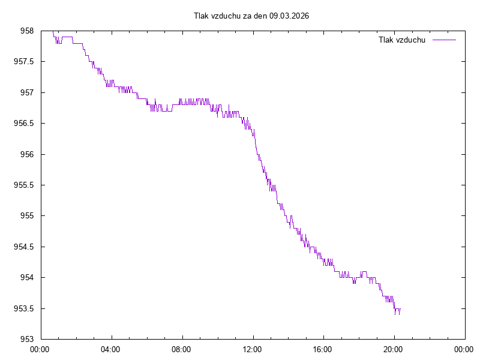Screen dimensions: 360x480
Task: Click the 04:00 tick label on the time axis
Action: pyautogui.click(x=110, y=349)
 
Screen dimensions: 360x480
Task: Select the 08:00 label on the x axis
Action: pyautogui.click(x=181, y=349)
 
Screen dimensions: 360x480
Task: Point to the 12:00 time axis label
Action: pyautogui.click(x=252, y=349)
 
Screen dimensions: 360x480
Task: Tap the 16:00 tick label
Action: pyautogui.click(x=323, y=349)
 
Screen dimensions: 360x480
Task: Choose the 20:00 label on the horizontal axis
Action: pyautogui.click(x=394, y=349)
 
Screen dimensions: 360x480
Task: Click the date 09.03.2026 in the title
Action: pyautogui.click(x=289, y=16)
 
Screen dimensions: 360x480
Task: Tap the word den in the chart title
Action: pyautogui.click(x=259, y=16)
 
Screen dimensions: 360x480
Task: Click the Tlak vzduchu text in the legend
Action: pyautogui.click(x=402, y=40)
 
